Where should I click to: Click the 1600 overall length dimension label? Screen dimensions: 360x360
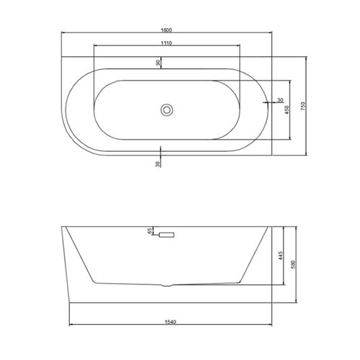pyautogui.click(x=166, y=30)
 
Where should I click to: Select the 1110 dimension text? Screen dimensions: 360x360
pyautogui.click(x=166, y=43)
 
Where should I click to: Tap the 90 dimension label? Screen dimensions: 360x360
pyautogui.click(x=158, y=63)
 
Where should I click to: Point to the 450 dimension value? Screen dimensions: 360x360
pyautogui.click(x=287, y=109)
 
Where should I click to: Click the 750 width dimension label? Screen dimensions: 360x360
pyautogui.click(x=303, y=106)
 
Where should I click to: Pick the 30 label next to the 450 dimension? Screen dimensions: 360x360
pyautogui.click(x=280, y=100)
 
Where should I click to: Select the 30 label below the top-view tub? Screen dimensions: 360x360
pyautogui.click(x=158, y=164)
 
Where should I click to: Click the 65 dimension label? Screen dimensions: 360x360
pyautogui.click(x=150, y=231)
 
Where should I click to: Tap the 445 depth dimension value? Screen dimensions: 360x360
pyautogui.click(x=282, y=256)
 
